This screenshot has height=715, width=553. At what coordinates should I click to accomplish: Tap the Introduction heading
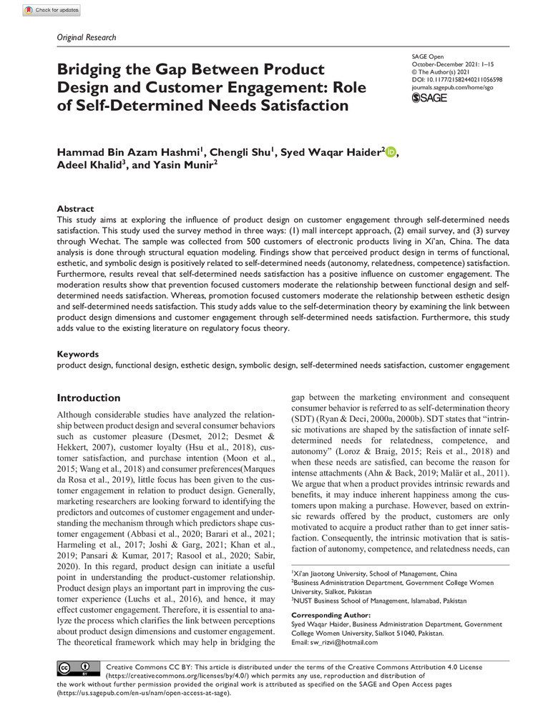(x=89, y=398)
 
